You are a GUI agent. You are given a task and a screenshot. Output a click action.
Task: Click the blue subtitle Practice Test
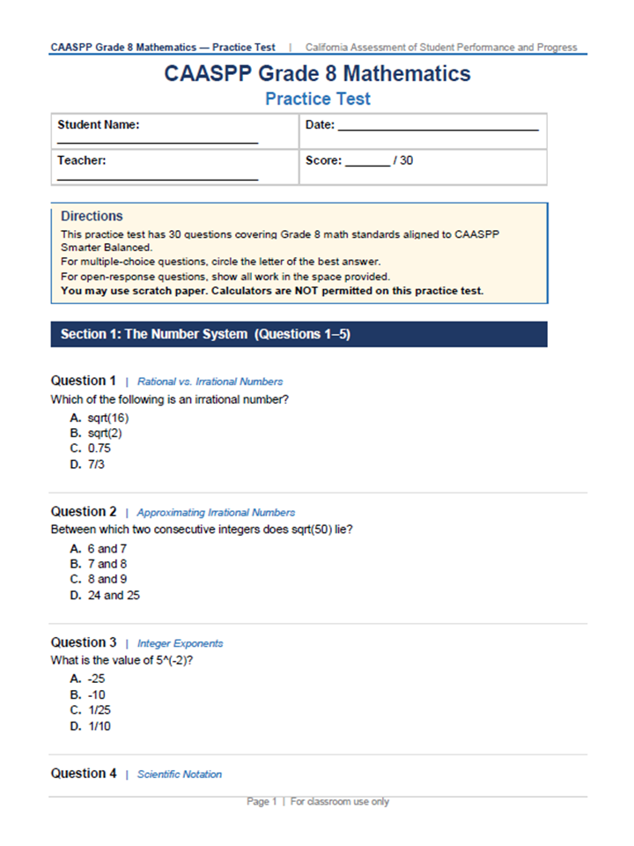(318, 99)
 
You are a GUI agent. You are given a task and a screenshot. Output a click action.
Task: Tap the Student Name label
(99, 125)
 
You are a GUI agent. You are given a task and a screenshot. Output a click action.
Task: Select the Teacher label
(82, 161)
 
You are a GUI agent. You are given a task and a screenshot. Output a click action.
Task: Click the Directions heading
(92, 216)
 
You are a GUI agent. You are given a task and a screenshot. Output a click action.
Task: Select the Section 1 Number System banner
(299, 335)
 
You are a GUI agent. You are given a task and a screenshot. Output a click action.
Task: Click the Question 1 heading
(84, 381)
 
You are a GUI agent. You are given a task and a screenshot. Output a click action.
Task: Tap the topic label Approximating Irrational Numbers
(216, 512)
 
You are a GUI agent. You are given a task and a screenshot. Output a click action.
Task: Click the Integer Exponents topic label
(180, 643)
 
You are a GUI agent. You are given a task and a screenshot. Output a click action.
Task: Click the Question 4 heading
(84, 774)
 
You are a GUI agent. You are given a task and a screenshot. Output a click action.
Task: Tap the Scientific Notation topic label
(179, 775)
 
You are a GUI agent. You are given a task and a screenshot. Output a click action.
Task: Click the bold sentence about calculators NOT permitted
(272, 291)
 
